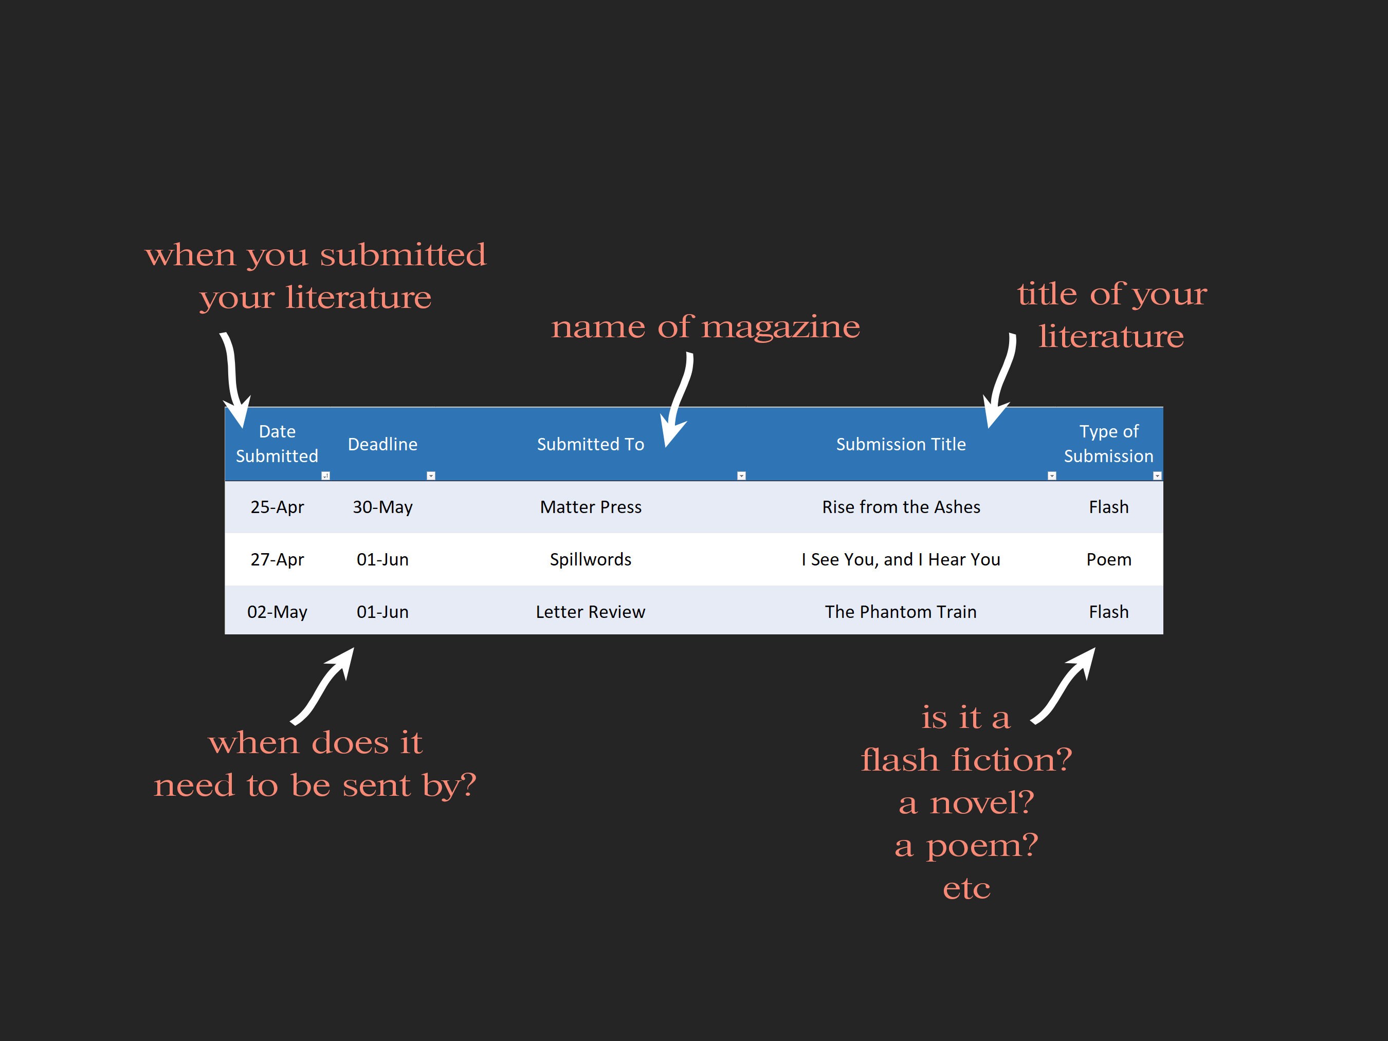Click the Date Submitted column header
pyautogui.click(x=277, y=444)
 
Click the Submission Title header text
pyautogui.click(x=901, y=444)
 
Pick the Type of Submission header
pyautogui.click(x=1108, y=444)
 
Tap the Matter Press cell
pyautogui.click(x=591, y=507)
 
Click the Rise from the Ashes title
pyautogui.click(x=901, y=507)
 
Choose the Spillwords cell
pyautogui.click(x=591, y=559)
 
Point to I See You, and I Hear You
pyautogui.click(x=901, y=559)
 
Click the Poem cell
pyautogui.click(x=1108, y=559)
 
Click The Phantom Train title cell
pyautogui.click(x=901, y=612)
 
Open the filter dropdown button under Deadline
pyautogui.click(x=430, y=476)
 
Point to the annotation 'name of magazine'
pyautogui.click(x=705, y=326)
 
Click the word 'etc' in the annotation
pyautogui.click(x=966, y=888)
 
